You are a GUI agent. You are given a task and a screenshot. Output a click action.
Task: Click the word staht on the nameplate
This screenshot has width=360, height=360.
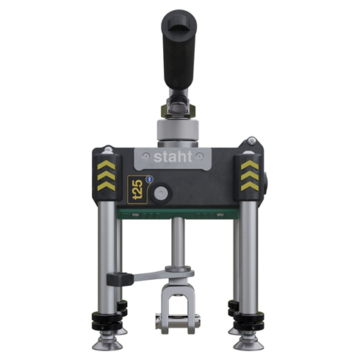pyautogui.click(x=173, y=158)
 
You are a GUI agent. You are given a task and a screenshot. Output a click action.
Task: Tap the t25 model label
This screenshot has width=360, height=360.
pyautogui.click(x=135, y=190)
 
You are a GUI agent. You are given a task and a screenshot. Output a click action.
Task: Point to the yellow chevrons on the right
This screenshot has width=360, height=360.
pyautogui.click(x=247, y=173)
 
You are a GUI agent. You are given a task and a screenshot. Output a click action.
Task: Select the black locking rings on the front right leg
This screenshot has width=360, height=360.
pyautogui.click(x=246, y=320)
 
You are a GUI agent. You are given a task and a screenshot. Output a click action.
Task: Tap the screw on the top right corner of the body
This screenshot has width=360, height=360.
pyautogui.click(x=252, y=140)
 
